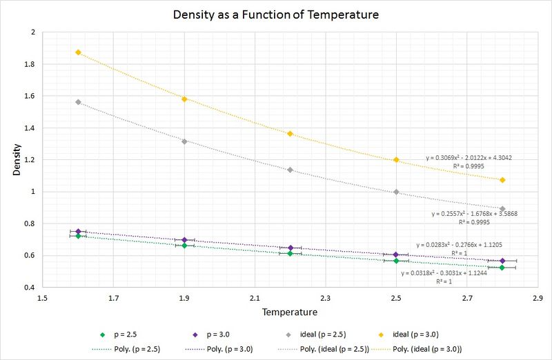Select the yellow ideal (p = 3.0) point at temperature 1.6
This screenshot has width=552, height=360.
coord(78,52)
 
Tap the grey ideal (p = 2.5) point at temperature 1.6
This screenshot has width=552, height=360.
coord(78,102)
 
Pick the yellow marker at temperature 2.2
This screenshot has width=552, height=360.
coord(290,134)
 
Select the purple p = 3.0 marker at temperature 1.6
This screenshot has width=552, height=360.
coord(78,232)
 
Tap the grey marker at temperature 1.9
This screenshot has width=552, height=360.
coord(184,141)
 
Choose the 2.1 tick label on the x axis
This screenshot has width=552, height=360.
coord(255,298)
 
